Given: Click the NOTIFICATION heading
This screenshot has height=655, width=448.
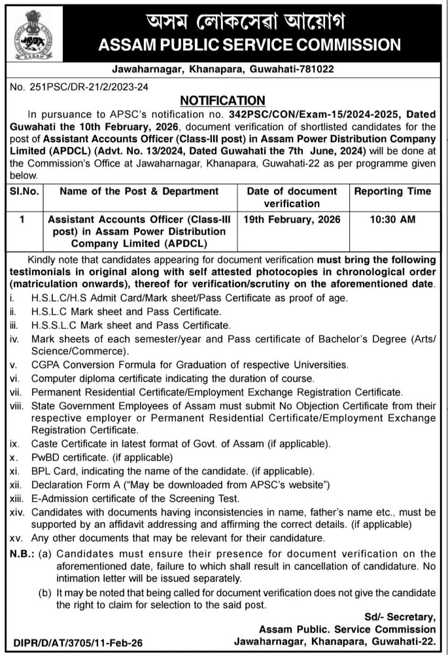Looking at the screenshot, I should coord(223,100).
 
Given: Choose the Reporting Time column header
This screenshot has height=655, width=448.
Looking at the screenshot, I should coord(392,191).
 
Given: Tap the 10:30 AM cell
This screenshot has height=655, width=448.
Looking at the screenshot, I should coord(392,220).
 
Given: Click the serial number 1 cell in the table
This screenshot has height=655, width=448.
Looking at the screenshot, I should coord(22,220).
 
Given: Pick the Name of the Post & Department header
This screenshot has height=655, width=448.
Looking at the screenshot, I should coord(139,191).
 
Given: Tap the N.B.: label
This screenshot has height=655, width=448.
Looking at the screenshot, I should coord(23,553).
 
